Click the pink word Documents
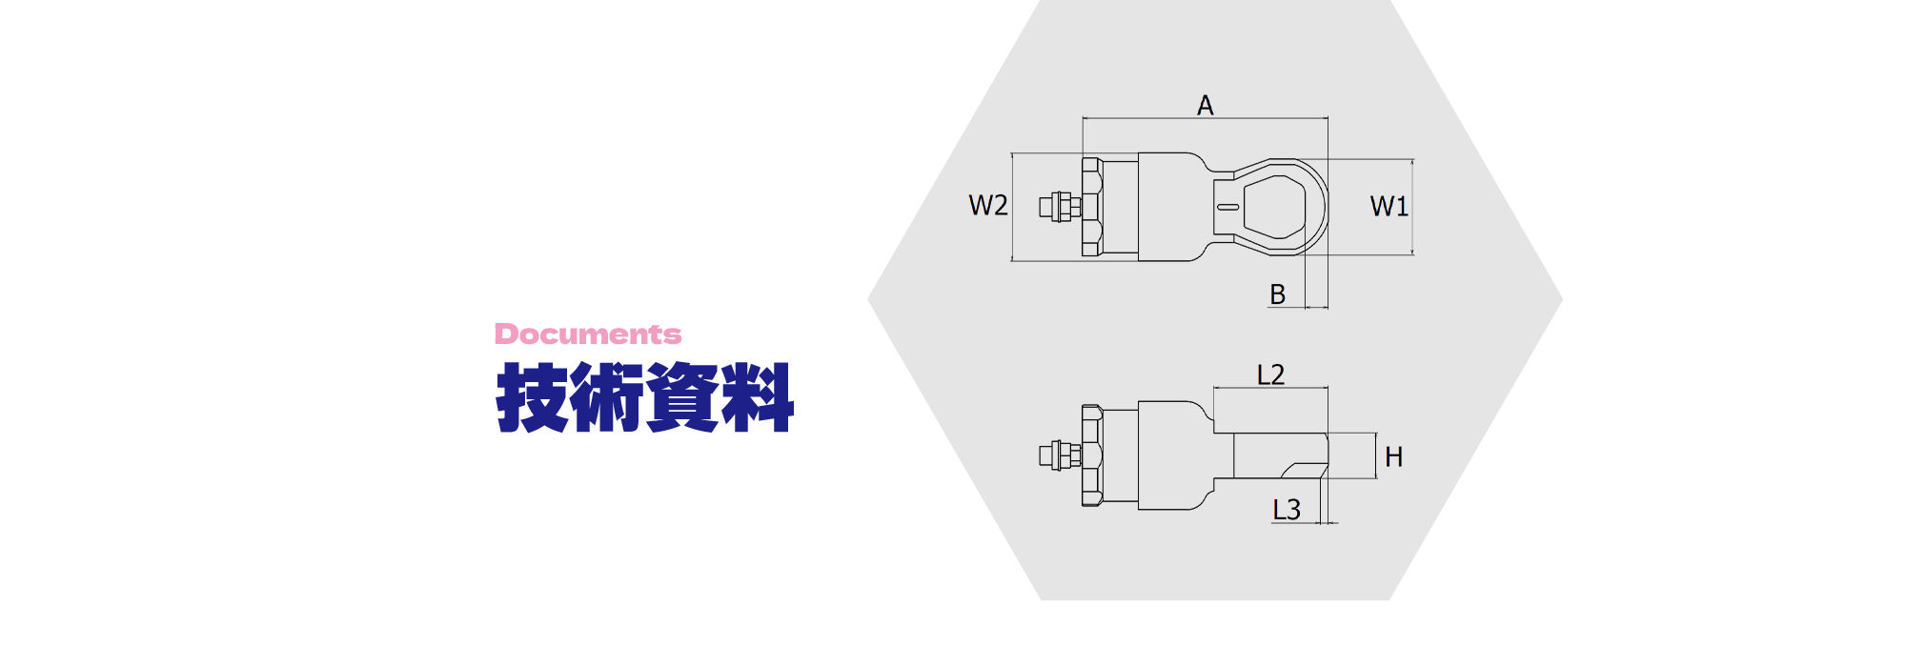click(x=588, y=334)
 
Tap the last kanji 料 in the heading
click(x=758, y=397)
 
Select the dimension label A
click(x=1206, y=105)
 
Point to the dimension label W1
click(x=1389, y=206)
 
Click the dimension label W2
click(x=988, y=205)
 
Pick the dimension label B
click(x=1278, y=294)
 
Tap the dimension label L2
click(x=1270, y=374)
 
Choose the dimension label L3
click(x=1287, y=510)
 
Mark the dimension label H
click(x=1394, y=457)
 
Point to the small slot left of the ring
click(x=1228, y=207)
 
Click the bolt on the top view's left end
click(x=1060, y=207)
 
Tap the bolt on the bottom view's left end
click(x=1060, y=455)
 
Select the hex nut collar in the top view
click(x=1092, y=207)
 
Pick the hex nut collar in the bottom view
click(x=1092, y=455)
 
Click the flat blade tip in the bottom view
click(x=1281, y=455)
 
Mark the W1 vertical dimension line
click(x=1412, y=207)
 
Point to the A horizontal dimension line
click(x=1206, y=119)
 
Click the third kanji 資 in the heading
click(x=682, y=397)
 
